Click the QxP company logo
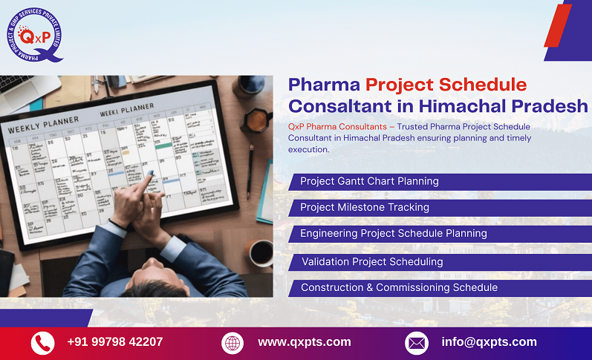pos(33,34)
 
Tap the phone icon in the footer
pos(42,343)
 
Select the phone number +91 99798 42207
pos(114,342)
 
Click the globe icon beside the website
pos(232,343)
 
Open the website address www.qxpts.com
pos(304,342)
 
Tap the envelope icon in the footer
pos(416,343)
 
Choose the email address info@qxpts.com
pos(488,342)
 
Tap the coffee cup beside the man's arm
pos(261,252)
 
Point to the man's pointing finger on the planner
pos(148,175)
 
